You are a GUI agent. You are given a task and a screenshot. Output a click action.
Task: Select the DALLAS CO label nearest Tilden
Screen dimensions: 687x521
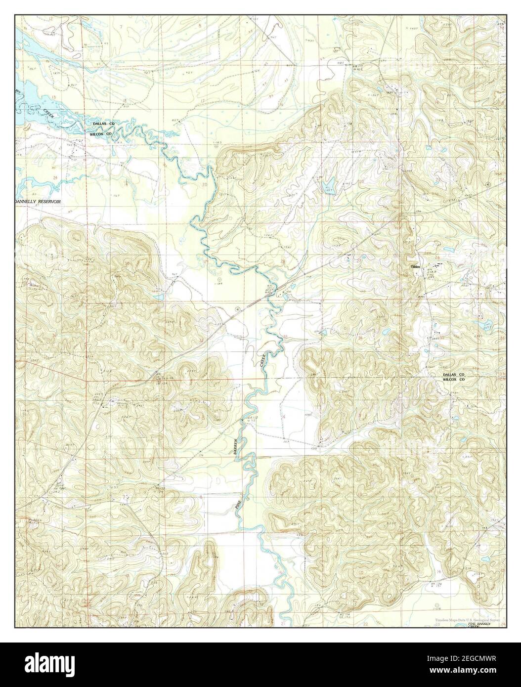point(454,375)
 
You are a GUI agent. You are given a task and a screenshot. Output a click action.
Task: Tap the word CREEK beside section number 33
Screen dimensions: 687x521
point(262,360)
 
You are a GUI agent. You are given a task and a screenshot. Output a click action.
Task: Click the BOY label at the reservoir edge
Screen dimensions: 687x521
point(18,91)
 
